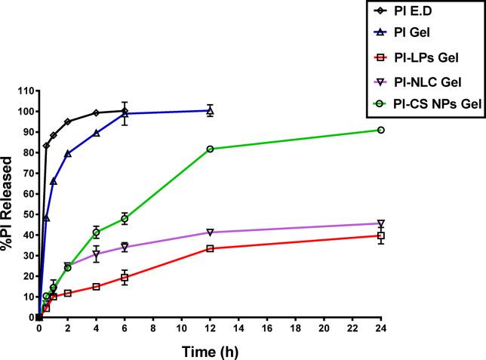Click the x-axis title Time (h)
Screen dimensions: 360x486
tap(209, 350)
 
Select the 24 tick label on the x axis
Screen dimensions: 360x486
tap(381, 330)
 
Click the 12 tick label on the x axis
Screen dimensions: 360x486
tap(210, 330)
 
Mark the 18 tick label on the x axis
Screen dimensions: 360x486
tap(295, 330)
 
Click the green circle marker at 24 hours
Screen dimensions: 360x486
tap(381, 130)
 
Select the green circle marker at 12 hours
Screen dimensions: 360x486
tap(210, 149)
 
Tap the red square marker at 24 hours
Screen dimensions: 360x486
tap(381, 235)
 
